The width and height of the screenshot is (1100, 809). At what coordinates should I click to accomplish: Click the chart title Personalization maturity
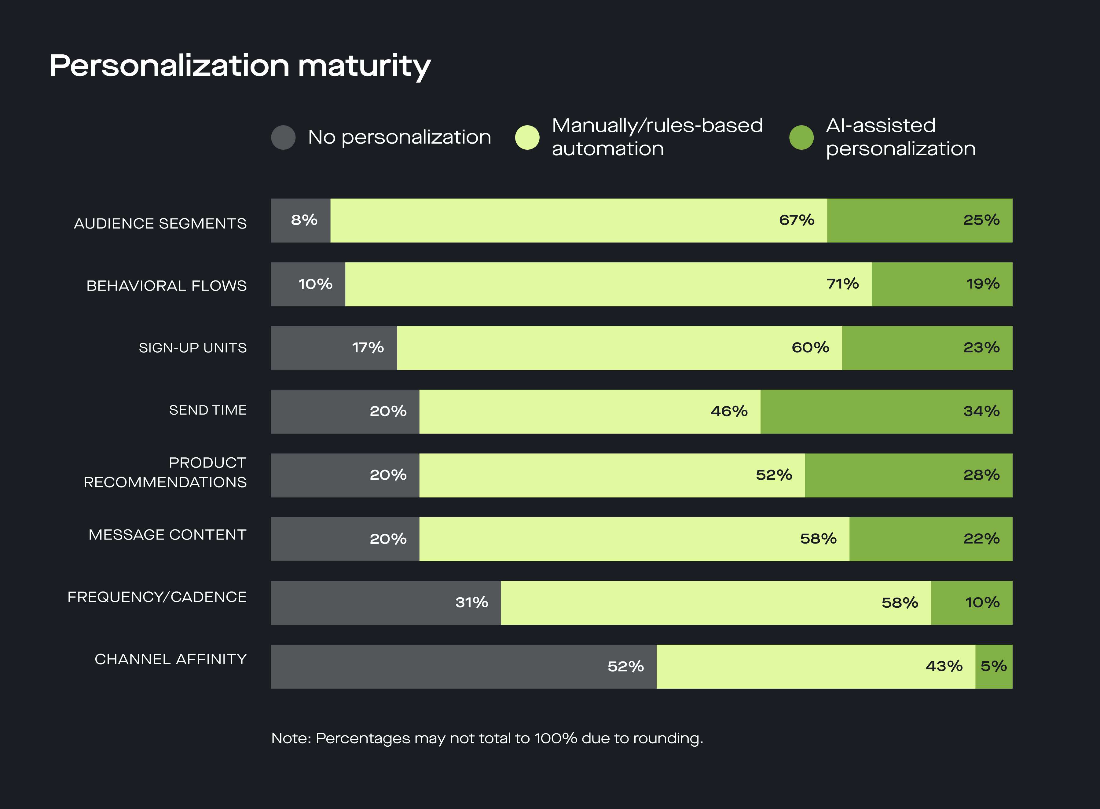(x=240, y=66)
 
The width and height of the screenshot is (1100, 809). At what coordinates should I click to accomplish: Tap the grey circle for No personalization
(x=283, y=137)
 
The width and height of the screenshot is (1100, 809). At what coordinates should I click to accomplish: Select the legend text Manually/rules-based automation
(x=657, y=137)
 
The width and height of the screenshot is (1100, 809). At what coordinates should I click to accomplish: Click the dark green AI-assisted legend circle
(x=801, y=137)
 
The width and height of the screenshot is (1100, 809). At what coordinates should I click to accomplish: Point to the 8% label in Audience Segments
(x=304, y=220)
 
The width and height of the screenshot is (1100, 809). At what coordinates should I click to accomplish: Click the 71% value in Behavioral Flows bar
(x=842, y=284)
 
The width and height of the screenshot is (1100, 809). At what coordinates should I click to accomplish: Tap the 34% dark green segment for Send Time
(x=886, y=411)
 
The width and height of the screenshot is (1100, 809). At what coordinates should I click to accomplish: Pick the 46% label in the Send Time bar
(x=729, y=411)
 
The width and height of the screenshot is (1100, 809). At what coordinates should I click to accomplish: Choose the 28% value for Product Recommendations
(x=981, y=475)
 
